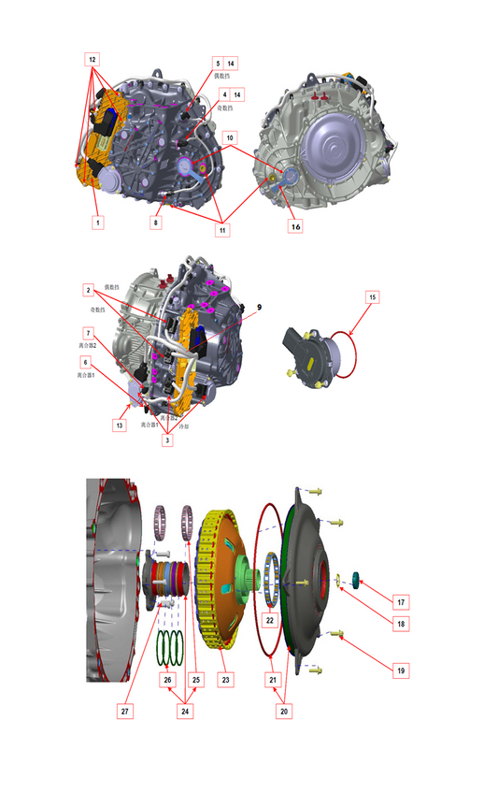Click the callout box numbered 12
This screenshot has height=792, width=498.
pos(92,58)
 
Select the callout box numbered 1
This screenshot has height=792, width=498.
pos(95,223)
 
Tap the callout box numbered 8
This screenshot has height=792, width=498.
pos(158,223)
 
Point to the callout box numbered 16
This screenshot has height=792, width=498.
pos(295,225)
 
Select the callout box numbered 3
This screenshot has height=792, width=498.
pos(167,439)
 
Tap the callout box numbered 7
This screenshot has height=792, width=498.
pos(86,333)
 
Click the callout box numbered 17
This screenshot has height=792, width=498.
pos(400,601)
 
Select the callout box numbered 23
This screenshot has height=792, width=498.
pos(223,680)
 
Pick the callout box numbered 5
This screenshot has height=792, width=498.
pos(216,63)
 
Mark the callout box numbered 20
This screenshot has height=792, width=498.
pos(284,711)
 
